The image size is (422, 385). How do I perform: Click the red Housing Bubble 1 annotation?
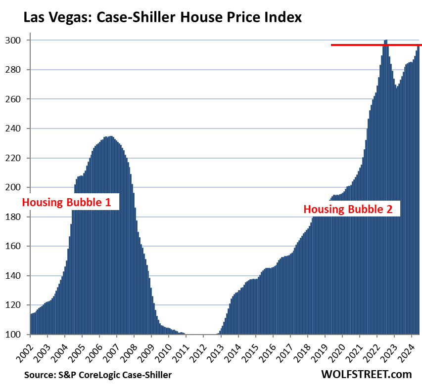pyautogui.click(x=70, y=202)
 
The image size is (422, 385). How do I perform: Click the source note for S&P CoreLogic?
pyautogui.click(x=98, y=375)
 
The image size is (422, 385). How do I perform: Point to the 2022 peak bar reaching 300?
pyautogui.click(x=385, y=42)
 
